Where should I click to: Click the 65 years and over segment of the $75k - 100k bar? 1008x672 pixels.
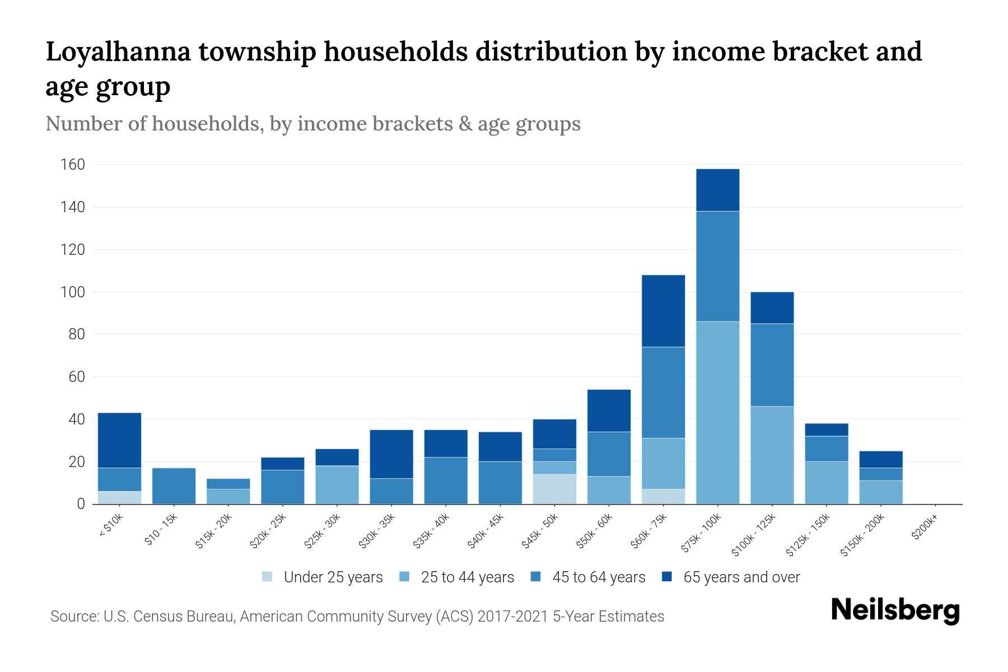[x=717, y=190]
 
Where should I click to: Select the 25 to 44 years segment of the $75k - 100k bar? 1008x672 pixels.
[x=717, y=413]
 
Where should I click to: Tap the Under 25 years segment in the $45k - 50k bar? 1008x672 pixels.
[x=554, y=489]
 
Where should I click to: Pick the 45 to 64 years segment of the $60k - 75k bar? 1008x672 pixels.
[x=663, y=392]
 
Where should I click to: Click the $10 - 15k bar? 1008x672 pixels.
[x=174, y=486]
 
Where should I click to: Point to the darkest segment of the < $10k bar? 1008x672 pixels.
[x=119, y=440]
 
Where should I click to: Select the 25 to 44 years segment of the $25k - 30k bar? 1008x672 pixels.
[x=337, y=484]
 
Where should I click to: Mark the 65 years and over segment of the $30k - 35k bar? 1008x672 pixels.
[x=391, y=454]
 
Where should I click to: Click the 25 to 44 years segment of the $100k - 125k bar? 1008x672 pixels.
[x=772, y=455]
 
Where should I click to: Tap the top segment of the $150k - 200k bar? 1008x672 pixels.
[x=880, y=459]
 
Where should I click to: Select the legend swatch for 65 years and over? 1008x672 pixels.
[x=667, y=577]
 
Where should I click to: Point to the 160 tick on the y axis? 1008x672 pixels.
[x=73, y=165]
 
